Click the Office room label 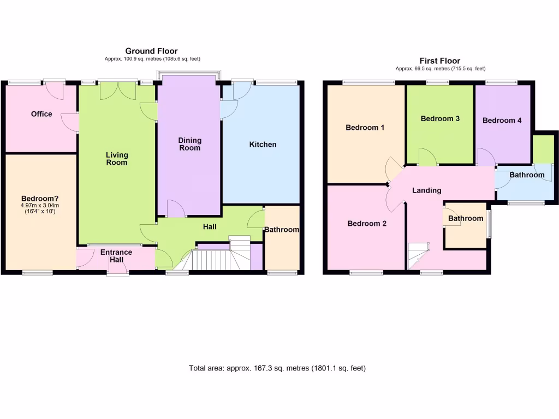[x=41, y=114]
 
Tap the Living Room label [x=117, y=159]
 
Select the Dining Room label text [x=189, y=144]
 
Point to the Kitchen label [x=263, y=145]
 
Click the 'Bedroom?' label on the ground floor [x=40, y=198]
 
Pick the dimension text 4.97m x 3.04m [x=40, y=206]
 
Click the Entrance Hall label [x=116, y=256]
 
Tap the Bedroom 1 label [x=365, y=128]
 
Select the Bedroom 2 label [x=367, y=224]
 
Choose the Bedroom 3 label [x=440, y=119]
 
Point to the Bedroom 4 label [x=502, y=121]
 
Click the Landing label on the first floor [x=426, y=190]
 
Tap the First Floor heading [x=440, y=61]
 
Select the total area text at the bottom [x=277, y=368]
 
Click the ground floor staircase [x=213, y=259]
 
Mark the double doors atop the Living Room [x=118, y=91]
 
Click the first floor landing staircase [x=418, y=256]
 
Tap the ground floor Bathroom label [x=282, y=230]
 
